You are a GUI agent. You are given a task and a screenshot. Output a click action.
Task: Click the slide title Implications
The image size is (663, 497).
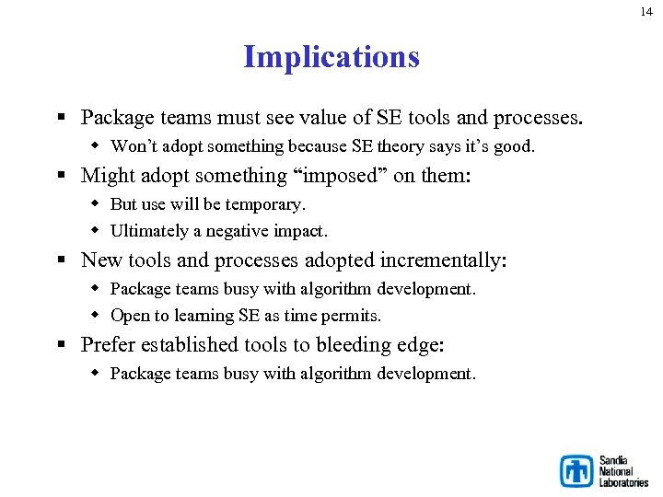point(331,57)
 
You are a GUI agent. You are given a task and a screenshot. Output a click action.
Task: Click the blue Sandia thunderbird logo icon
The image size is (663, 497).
point(577,471)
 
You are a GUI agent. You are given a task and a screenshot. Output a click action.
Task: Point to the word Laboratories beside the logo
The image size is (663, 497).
point(623,482)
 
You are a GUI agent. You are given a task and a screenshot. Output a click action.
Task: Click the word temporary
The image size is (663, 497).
point(266,203)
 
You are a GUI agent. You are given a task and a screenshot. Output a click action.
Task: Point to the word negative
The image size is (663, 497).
point(242,231)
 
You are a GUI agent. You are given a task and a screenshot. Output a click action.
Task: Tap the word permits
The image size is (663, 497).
point(355,316)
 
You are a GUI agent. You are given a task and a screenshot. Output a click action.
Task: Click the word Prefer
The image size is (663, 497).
point(108,345)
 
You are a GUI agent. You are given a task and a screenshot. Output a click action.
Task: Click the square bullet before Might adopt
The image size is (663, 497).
point(61,176)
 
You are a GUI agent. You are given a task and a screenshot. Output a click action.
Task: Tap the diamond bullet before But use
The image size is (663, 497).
point(96,203)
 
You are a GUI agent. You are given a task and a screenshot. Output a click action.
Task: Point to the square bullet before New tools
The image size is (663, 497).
point(61,261)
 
